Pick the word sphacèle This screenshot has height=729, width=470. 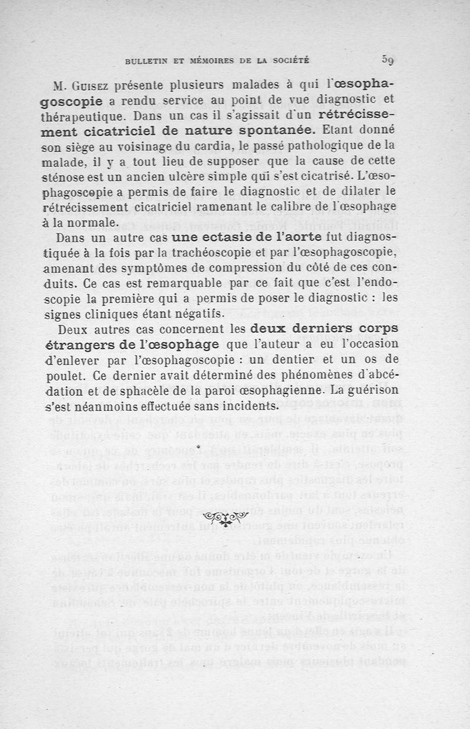(158, 390)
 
